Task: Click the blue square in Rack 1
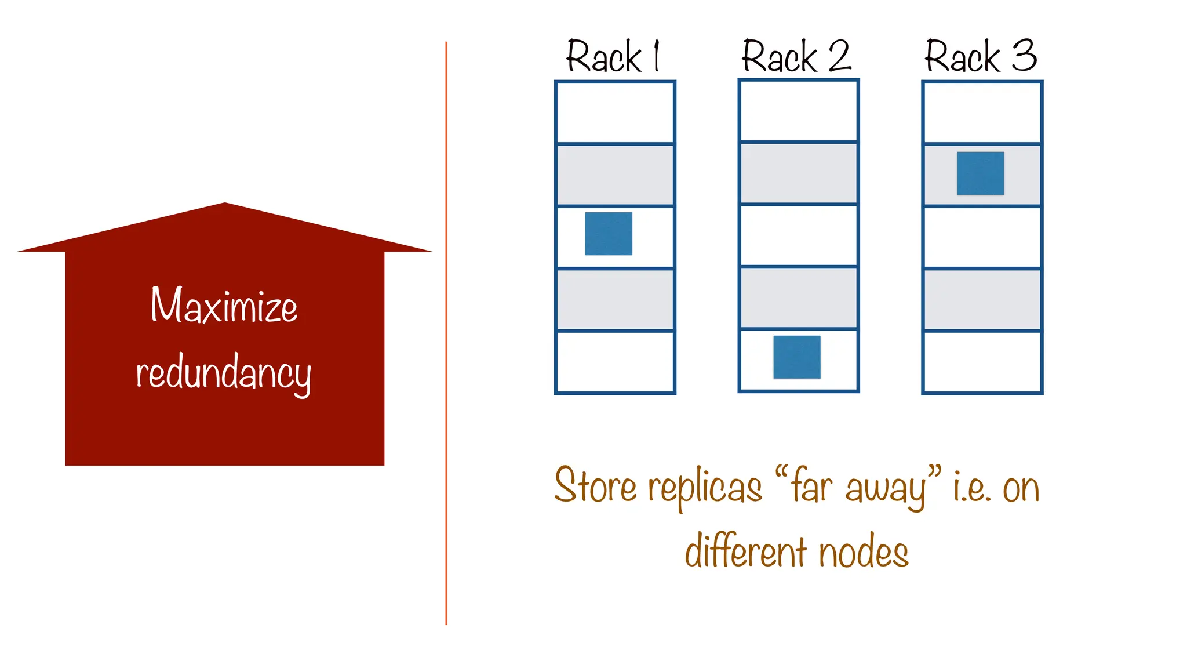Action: coord(609,234)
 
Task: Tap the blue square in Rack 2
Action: coord(797,357)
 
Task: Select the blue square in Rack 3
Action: coord(981,173)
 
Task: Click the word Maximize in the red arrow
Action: coord(224,305)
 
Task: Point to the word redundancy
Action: coord(224,373)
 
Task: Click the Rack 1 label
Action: coord(613,57)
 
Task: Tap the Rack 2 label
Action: coord(796,57)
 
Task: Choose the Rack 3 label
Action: coord(981,57)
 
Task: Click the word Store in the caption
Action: coord(595,485)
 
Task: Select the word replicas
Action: coord(705,488)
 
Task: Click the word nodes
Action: coord(864,552)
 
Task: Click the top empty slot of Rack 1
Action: coord(615,112)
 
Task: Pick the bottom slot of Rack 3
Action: coord(982,362)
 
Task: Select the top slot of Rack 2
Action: coord(798,111)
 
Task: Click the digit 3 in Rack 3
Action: coord(1024,56)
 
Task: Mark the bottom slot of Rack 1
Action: coord(615,362)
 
